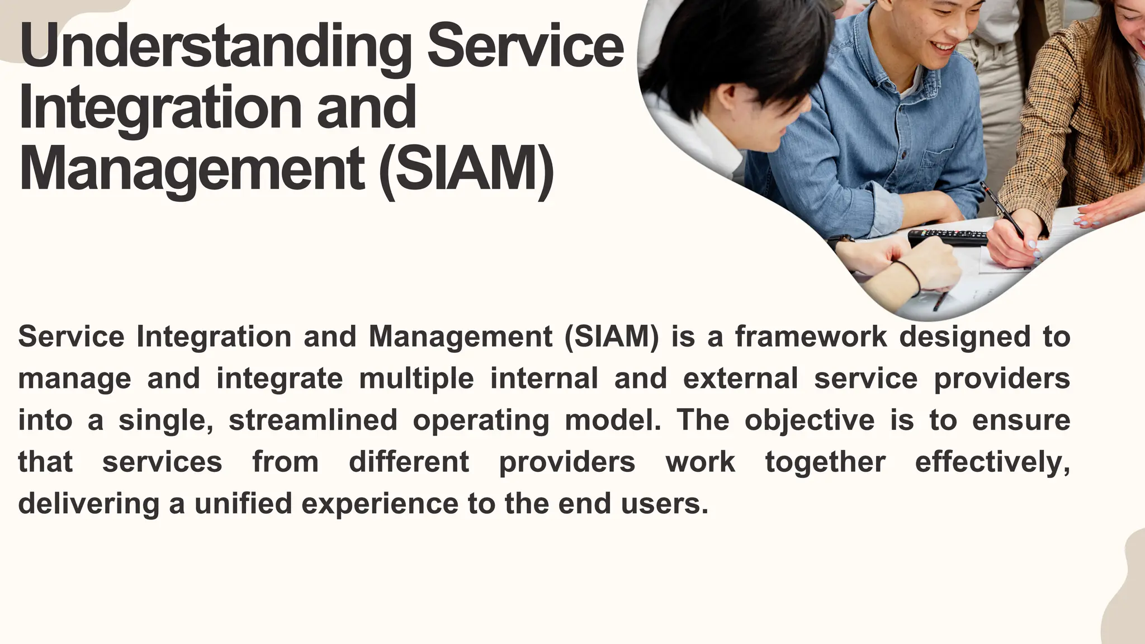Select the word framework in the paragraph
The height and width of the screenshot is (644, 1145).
(811, 337)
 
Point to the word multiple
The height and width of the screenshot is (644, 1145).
(416, 379)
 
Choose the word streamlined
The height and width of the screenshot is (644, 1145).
(313, 420)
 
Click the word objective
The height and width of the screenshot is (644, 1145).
(809, 420)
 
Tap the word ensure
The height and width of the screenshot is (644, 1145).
(1021, 420)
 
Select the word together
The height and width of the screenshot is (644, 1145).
(825, 462)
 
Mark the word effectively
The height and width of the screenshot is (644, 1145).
(992, 462)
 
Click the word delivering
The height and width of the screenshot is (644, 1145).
(89, 504)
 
